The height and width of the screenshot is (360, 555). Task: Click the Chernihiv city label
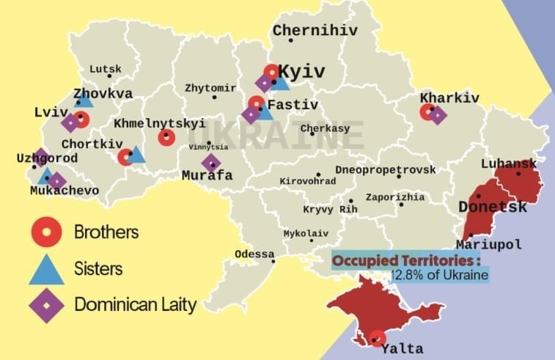(315, 30)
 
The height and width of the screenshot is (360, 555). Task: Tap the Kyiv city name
(301, 72)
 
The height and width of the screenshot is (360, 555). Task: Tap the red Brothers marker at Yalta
(377, 339)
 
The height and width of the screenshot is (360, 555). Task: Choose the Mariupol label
(488, 244)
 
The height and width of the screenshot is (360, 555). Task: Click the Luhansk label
(508, 164)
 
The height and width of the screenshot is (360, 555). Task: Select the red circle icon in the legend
(45, 233)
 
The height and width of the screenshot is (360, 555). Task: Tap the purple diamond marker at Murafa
(211, 163)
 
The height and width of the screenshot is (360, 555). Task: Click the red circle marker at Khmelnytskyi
(166, 138)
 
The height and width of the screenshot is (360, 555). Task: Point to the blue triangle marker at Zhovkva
(84, 99)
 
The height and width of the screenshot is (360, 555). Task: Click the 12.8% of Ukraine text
(438, 275)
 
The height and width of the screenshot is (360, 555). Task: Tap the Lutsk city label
(106, 69)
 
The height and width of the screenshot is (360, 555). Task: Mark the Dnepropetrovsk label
(396, 169)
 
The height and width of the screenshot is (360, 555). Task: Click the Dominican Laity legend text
(136, 304)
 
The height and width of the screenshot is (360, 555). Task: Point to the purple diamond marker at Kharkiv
(437, 115)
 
